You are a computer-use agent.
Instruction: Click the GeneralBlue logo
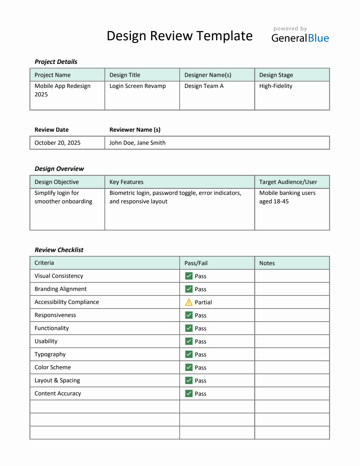pos(300,38)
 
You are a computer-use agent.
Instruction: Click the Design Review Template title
pos(179,36)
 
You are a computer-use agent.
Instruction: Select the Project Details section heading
pos(56,62)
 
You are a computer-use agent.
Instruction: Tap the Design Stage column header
pos(276,75)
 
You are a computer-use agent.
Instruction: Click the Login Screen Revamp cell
pos(137,86)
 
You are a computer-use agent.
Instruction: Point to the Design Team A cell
pos(204,86)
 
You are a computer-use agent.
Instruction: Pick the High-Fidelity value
pos(276,86)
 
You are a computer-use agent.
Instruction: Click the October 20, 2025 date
pos(58,143)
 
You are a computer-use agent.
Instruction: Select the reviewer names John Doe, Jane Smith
pos(137,143)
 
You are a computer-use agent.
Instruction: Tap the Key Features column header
pos(126,182)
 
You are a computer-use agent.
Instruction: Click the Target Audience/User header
pos(288,182)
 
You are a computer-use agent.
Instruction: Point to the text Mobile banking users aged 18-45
pos(287,197)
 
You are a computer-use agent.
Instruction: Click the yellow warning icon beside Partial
pos(189,302)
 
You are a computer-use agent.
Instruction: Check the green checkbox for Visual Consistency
pos(189,276)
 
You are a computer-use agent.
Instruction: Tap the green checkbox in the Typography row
pos(189,354)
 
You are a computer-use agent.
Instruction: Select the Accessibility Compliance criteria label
pos(67,302)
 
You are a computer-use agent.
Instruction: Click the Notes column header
pos(267,263)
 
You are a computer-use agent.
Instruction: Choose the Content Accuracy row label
pos(58,394)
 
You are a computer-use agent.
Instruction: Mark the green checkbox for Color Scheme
pos(189,368)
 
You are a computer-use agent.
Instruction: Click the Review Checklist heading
pos(59,250)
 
